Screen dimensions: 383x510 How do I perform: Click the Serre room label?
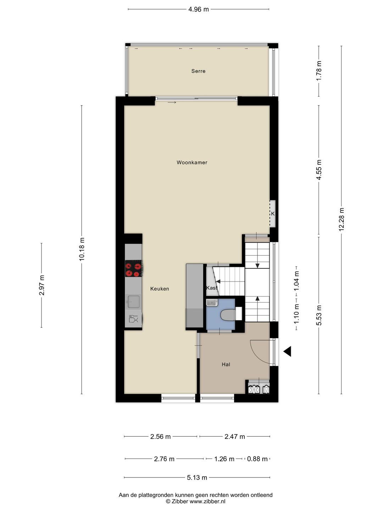(x=198, y=71)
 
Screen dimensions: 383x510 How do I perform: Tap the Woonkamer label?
(x=192, y=163)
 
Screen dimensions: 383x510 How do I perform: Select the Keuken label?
(x=160, y=289)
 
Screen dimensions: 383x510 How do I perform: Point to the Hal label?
(x=226, y=364)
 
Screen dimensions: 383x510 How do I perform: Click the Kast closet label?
(x=212, y=288)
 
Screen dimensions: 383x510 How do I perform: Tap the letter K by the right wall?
(x=273, y=214)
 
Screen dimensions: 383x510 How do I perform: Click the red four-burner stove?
(x=134, y=268)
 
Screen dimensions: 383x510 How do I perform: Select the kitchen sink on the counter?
(x=133, y=302)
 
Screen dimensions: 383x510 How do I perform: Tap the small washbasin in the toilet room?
(x=212, y=303)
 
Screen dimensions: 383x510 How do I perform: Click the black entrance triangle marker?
(x=287, y=351)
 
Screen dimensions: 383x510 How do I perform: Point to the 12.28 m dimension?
(x=342, y=219)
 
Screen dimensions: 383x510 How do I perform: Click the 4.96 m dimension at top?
(x=198, y=10)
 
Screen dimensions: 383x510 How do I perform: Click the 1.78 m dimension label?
(x=319, y=71)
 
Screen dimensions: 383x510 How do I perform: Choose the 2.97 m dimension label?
(x=41, y=285)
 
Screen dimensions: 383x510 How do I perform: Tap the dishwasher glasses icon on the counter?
(x=133, y=319)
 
